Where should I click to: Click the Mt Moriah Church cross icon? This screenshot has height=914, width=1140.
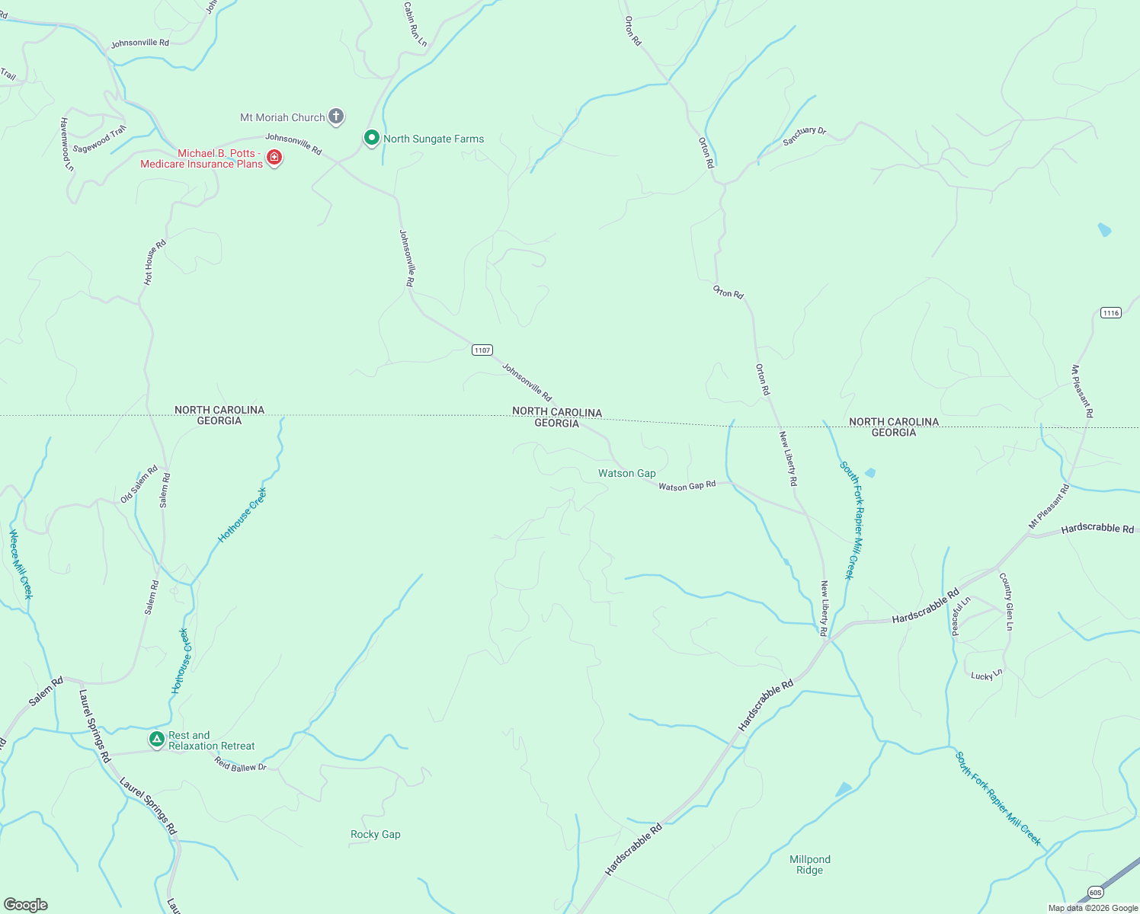(x=336, y=117)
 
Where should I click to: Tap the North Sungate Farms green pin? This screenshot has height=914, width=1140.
(x=371, y=138)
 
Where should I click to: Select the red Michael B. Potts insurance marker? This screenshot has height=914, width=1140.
(x=274, y=158)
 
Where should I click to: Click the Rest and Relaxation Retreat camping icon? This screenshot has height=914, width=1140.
(x=156, y=739)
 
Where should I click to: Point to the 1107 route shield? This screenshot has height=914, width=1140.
(x=482, y=350)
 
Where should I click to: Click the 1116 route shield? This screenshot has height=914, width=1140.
(x=1111, y=313)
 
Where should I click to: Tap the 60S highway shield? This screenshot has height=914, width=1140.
(x=1095, y=892)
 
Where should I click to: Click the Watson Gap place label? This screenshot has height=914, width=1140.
(x=626, y=473)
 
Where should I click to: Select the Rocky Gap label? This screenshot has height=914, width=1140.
(x=375, y=834)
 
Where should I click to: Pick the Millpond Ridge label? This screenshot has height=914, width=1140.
(x=809, y=864)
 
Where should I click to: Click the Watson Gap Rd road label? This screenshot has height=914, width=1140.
(x=687, y=485)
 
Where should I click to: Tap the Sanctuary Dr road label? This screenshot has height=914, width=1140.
(x=804, y=136)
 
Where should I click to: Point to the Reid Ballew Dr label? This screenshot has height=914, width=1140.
(x=241, y=764)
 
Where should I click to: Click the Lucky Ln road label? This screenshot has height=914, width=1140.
(x=987, y=674)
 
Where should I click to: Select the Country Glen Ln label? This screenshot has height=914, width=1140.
(x=1007, y=601)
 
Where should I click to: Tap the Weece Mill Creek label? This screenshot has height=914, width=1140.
(x=21, y=564)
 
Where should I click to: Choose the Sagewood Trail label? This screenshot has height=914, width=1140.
(x=100, y=139)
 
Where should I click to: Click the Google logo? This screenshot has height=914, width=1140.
(x=25, y=905)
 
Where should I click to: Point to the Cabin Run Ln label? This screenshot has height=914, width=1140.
(x=415, y=24)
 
